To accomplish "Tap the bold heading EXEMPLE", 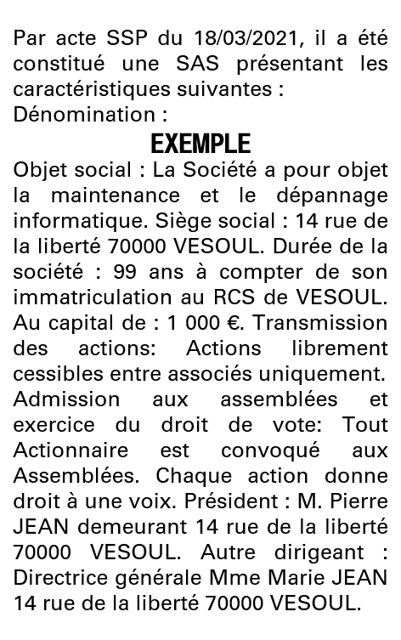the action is coord(200,143).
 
